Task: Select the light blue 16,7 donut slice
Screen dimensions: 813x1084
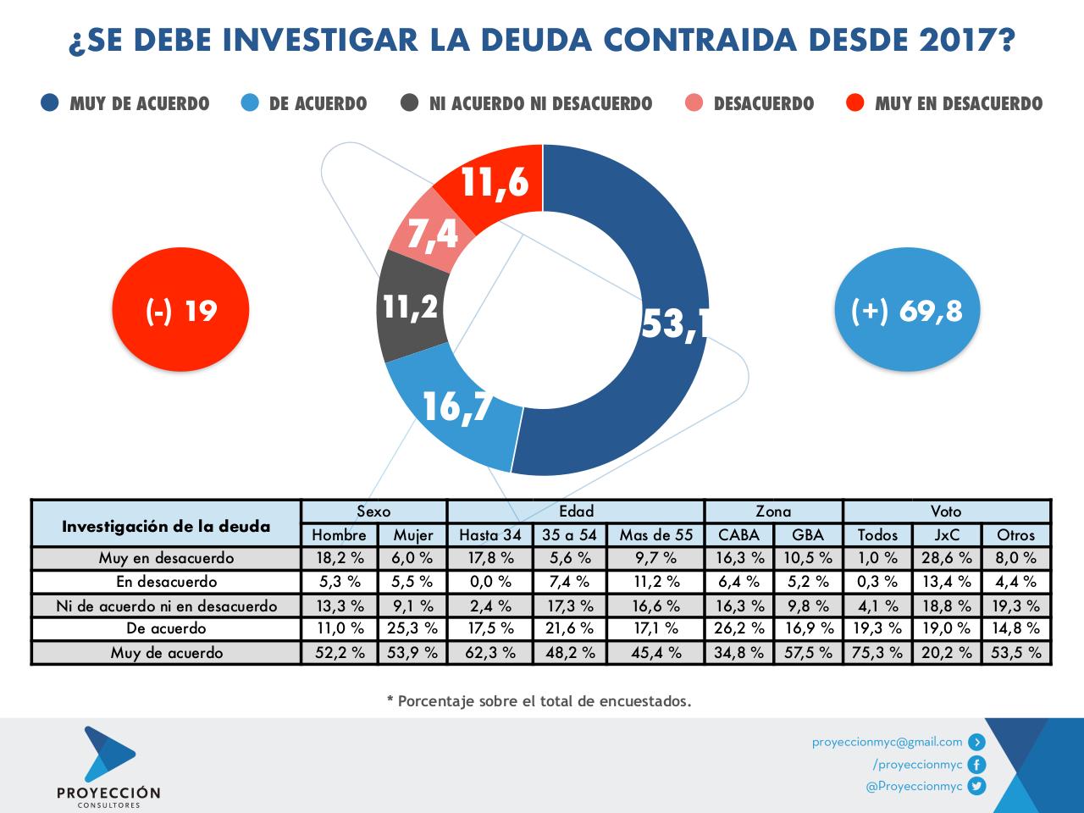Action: coord(457,406)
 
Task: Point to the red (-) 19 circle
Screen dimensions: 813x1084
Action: coord(181,310)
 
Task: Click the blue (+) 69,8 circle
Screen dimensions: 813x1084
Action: coord(906,310)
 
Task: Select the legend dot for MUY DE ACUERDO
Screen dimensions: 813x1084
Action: coord(49,103)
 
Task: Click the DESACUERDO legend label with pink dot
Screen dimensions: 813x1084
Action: coord(763,103)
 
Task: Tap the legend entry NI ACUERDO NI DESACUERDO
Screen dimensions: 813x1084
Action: coord(540,103)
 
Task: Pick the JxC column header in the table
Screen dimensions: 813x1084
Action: coord(947,534)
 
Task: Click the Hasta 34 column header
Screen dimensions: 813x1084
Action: coord(489,534)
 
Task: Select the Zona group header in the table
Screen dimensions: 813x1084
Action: coord(773,511)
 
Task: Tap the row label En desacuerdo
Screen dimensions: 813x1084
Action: coord(166,582)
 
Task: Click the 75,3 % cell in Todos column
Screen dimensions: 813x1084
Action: coord(877,653)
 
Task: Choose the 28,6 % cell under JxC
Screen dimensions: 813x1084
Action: coord(947,558)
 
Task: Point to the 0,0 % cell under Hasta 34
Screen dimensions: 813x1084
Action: coord(489,582)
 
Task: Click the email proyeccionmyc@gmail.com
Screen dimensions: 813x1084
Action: coord(887,742)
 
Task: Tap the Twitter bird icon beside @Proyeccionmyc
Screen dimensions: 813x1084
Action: coord(976,786)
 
